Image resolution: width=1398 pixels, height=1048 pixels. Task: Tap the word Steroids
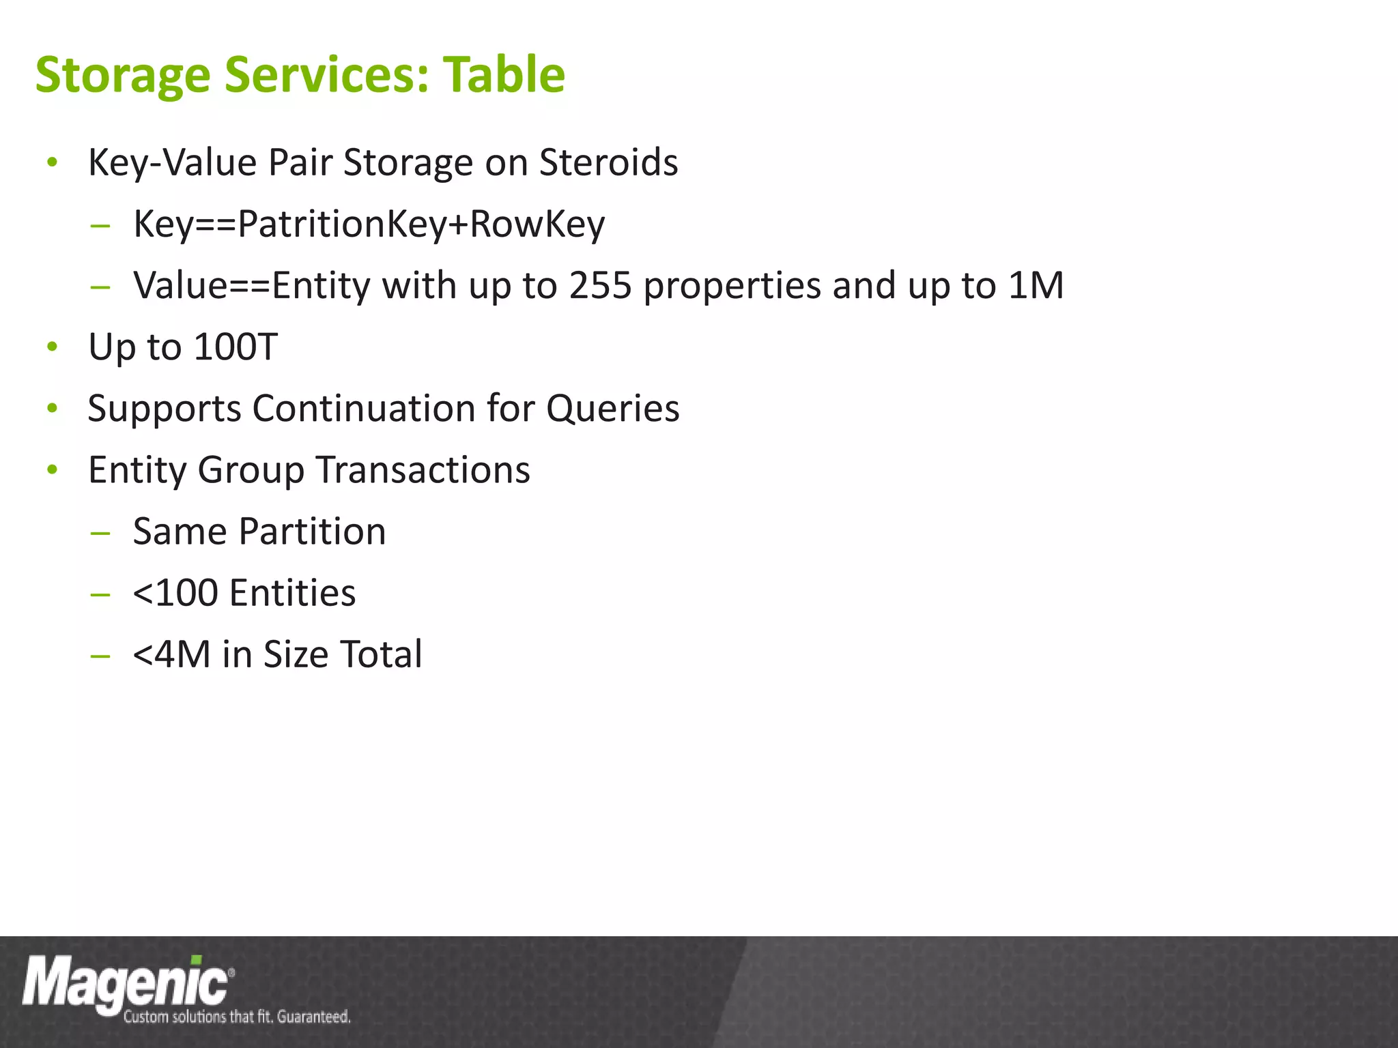[x=608, y=162]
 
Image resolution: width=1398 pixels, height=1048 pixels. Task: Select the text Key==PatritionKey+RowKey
[x=369, y=224]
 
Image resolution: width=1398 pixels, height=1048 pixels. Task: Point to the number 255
[x=600, y=285]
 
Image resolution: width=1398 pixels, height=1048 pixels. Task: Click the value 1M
[x=1036, y=285]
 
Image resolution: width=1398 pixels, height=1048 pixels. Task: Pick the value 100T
[x=236, y=347]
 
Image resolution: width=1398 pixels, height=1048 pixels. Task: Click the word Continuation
[x=364, y=408]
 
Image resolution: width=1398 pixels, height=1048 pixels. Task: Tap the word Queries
[x=612, y=408]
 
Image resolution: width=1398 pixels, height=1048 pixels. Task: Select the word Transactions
[x=423, y=470]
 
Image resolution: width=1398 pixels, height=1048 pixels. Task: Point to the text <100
[x=175, y=593]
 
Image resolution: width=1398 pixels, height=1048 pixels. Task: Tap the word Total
[x=381, y=654]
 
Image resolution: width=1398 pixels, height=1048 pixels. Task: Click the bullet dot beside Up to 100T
[x=53, y=347]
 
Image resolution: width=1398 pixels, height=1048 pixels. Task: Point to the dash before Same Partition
[x=100, y=532]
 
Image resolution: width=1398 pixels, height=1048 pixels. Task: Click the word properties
[x=732, y=287]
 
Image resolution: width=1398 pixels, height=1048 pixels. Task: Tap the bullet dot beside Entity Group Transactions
[x=53, y=470]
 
